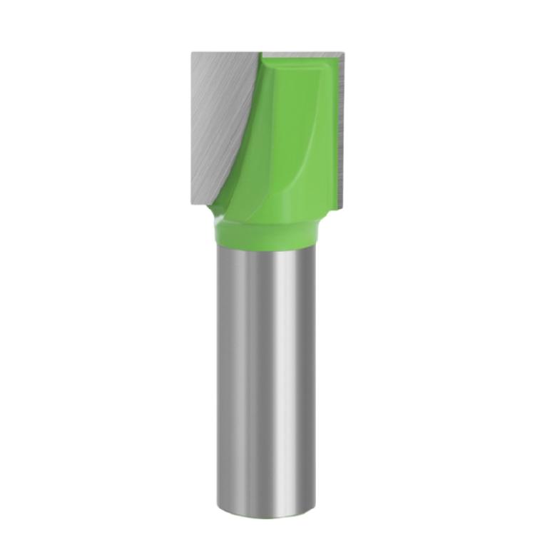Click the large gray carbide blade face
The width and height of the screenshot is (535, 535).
pos(218,121)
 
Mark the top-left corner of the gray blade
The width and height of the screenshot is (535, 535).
pos(193,53)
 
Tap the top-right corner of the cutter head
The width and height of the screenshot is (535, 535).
pos(345,52)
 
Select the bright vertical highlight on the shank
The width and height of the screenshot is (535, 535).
pos(282,357)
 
